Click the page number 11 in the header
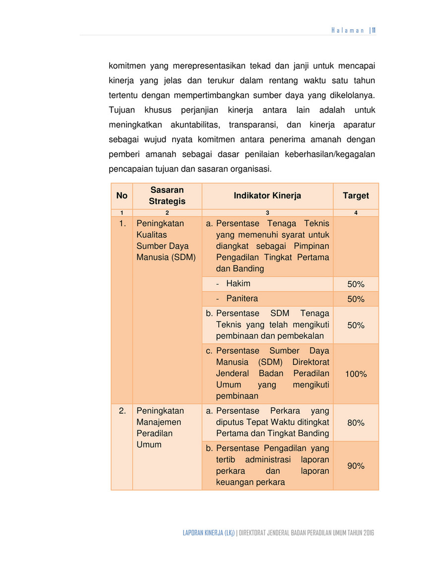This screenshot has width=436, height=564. click(374, 30)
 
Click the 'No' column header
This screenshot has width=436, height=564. click(122, 196)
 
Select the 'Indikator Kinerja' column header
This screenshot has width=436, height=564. click(267, 196)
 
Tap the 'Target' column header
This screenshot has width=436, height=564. click(356, 196)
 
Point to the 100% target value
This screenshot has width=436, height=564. click(356, 374)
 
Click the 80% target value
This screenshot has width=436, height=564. click(356, 423)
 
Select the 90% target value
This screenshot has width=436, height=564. click(356, 466)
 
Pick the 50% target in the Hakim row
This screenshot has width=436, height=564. click(356, 284)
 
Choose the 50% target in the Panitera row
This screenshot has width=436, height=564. click(356, 299)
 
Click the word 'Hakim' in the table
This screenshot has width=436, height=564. click(238, 284)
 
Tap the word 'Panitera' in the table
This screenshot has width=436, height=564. click(242, 299)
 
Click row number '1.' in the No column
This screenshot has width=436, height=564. click(122, 224)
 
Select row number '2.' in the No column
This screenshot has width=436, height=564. click(122, 411)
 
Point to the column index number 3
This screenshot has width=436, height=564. click(267, 213)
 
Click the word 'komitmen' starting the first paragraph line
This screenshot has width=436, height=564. click(126, 65)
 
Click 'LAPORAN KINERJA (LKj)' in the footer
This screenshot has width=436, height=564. click(208, 533)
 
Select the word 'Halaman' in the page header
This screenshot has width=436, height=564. click(348, 30)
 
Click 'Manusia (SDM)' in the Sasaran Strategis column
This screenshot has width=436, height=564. click(166, 257)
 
